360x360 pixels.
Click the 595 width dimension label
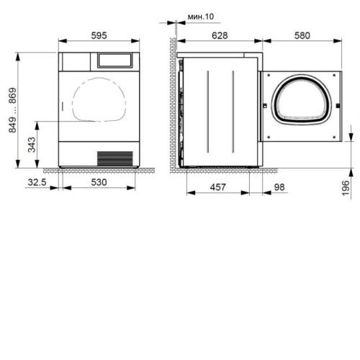[x=99, y=35]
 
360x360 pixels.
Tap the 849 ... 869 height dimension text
[x=12, y=110]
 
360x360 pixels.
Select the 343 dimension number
[x=32, y=145]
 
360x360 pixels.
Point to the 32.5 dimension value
[x=37, y=182]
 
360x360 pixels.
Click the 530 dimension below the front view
[x=99, y=182]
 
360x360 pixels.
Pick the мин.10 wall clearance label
[x=201, y=17]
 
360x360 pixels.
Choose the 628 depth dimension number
[x=220, y=35]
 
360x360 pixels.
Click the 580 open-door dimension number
[x=302, y=35]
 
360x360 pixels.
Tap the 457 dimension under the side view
[x=218, y=187]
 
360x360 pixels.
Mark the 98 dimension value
[x=279, y=187]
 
